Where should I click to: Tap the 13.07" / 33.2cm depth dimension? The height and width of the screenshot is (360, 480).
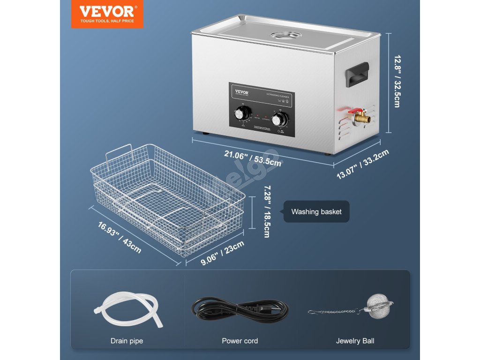tap(364, 164)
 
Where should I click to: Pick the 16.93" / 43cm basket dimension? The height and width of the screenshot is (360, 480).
tap(120, 237)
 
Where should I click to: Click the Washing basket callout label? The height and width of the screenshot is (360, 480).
tap(316, 212)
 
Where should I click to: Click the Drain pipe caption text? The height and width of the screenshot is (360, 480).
tap(127, 341)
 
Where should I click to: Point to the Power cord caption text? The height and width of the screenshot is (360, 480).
tap(240, 341)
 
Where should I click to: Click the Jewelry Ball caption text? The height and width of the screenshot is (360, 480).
tap(355, 341)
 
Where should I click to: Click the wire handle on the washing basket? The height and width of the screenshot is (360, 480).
tap(118, 153)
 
